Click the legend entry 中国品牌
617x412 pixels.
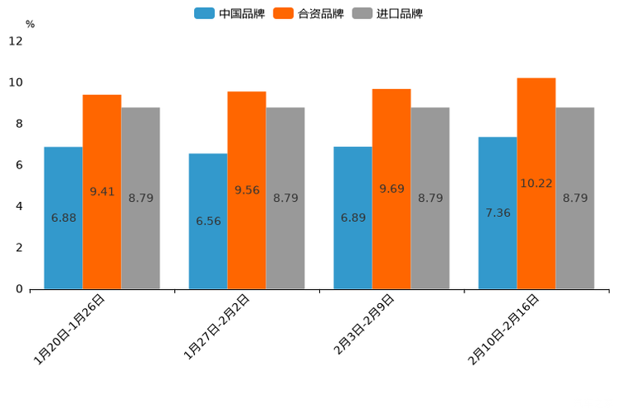pyautogui.click(x=230, y=13)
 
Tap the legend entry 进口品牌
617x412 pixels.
pyautogui.click(x=387, y=13)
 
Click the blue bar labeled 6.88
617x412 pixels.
pyautogui.click(x=63, y=218)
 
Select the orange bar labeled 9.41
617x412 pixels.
pyautogui.click(x=102, y=192)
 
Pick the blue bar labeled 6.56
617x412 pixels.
pyautogui.click(x=208, y=221)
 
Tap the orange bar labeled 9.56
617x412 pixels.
pyautogui.click(x=247, y=190)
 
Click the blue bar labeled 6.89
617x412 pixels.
pyautogui.click(x=352, y=218)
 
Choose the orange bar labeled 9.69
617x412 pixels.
pyautogui.click(x=391, y=189)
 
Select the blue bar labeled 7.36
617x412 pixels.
pyautogui.click(x=498, y=213)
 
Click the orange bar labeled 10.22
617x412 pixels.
pyautogui.click(x=537, y=184)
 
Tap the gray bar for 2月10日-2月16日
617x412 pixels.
pyautogui.click(x=575, y=198)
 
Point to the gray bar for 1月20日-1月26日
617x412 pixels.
pyautogui.click(x=140, y=198)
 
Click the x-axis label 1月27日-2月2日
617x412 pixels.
pyautogui.click(x=216, y=326)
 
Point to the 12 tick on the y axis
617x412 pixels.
pyautogui.click(x=16, y=42)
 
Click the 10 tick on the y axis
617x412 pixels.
pyautogui.click(x=16, y=83)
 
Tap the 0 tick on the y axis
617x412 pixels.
pyautogui.click(x=19, y=289)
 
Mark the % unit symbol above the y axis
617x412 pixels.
pyautogui.click(x=30, y=24)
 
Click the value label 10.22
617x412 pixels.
pyautogui.click(x=537, y=184)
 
